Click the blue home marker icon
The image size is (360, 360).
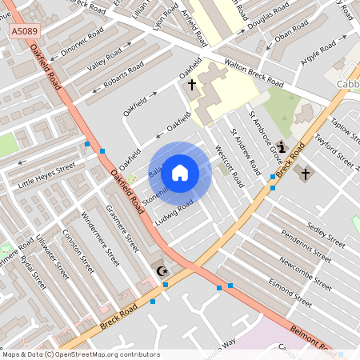pyautogui.click(x=180, y=172)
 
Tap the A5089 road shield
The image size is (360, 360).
pyautogui.click(x=24, y=31)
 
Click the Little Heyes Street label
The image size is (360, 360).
pyautogui.click(x=46, y=175)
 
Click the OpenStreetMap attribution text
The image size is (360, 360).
pyautogui.click(x=82, y=354)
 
